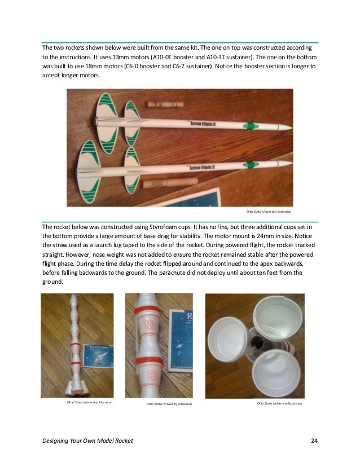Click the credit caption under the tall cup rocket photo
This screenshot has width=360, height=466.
tap(89, 403)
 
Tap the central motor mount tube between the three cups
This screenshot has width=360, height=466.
tap(257, 342)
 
